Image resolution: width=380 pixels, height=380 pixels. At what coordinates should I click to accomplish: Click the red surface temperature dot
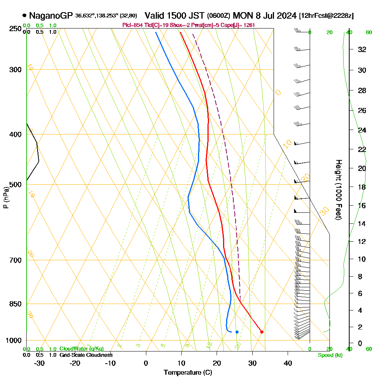click(262, 332)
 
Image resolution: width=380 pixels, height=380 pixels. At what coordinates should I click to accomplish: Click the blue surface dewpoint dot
click(237, 332)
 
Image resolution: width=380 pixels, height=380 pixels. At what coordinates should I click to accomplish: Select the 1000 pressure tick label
click(13, 340)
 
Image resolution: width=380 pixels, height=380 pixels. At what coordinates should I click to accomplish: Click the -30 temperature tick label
click(40, 363)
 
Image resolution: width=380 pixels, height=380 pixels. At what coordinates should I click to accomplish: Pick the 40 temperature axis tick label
click(288, 363)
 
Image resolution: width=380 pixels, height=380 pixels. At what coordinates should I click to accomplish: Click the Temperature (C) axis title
click(188, 372)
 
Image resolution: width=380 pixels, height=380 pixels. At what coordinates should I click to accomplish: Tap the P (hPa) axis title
click(6, 198)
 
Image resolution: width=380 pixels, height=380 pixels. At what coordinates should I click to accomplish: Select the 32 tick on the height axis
click(363, 49)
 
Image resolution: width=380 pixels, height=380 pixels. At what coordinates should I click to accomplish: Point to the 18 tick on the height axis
click(363, 187)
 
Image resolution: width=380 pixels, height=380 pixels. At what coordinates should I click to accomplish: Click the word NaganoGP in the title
click(51, 16)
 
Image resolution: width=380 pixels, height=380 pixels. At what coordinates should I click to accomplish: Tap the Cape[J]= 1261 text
click(240, 25)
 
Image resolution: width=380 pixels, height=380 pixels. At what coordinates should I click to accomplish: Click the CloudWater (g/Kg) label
click(81, 349)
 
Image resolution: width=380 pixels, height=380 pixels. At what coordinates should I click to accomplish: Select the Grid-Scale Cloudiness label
click(85, 355)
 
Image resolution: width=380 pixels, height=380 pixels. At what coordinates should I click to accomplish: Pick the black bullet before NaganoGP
click(25, 16)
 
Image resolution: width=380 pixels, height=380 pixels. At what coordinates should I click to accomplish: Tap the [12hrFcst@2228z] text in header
click(326, 16)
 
